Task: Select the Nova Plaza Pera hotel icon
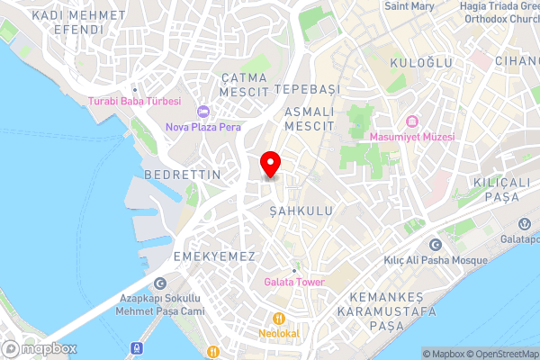[203, 112]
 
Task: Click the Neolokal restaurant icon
[280, 318]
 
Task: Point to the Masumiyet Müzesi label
[412, 136]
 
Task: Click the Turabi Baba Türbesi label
[134, 101]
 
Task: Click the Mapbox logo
[40, 348]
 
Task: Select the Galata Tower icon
[294, 269]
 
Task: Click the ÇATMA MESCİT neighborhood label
[245, 85]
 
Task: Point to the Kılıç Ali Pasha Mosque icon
[436, 245]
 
